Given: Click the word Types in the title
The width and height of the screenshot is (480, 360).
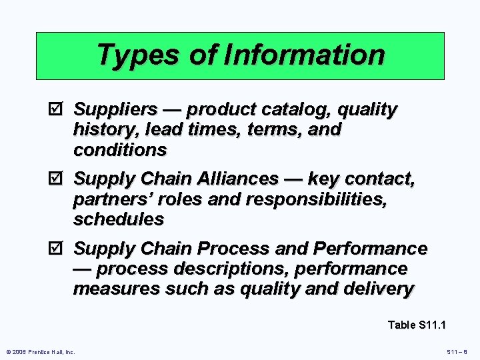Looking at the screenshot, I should (137, 55).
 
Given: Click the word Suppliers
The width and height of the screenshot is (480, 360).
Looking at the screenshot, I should (115, 109).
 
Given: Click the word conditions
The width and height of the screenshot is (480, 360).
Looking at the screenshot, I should (120, 150).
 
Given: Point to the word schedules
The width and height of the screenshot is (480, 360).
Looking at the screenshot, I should (118, 219).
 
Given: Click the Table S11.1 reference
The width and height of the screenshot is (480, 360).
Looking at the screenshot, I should (417, 325).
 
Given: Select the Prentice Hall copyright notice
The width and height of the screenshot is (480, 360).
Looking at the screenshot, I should (40, 351).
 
